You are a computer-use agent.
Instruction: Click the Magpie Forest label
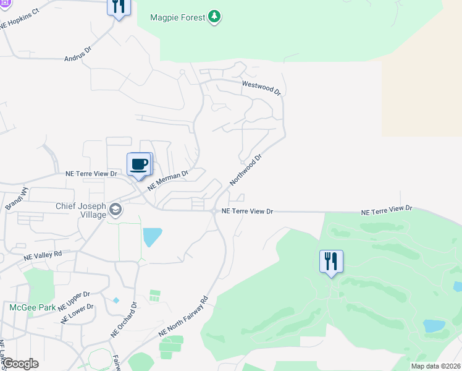click(x=177, y=17)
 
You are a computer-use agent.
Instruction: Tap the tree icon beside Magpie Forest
click(x=214, y=16)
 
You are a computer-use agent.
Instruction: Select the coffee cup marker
click(x=140, y=165)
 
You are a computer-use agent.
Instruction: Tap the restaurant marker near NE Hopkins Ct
click(x=118, y=7)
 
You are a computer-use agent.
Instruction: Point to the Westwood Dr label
click(x=261, y=87)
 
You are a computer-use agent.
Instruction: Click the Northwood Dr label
click(x=246, y=170)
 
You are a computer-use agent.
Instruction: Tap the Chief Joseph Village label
click(x=81, y=211)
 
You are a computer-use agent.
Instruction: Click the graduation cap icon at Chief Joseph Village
click(x=115, y=211)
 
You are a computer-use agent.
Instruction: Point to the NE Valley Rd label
click(x=43, y=255)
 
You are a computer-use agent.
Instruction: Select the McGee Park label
click(x=32, y=307)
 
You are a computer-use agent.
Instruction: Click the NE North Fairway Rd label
click(x=183, y=315)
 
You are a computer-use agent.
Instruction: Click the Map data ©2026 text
click(x=436, y=366)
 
